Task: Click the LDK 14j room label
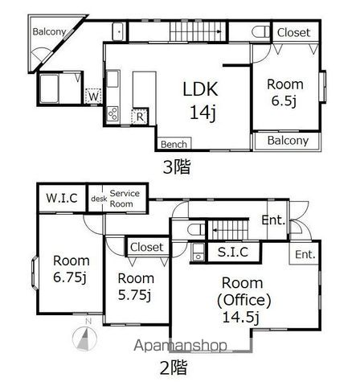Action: point(201,101)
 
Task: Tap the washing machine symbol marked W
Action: point(93,96)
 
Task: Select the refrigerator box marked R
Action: point(140,117)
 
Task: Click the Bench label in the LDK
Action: point(174,144)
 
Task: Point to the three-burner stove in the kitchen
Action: point(112,114)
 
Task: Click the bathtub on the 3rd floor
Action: point(49,88)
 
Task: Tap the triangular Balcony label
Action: point(49,31)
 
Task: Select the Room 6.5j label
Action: point(285,92)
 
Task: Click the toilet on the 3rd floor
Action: point(260,32)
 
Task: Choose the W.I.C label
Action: point(62,198)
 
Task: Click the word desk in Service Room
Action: point(99,199)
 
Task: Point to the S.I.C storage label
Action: point(233,252)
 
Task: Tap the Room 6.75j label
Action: point(71,269)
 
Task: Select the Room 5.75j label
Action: point(136,287)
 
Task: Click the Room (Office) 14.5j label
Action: point(243,300)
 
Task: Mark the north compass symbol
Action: point(84,337)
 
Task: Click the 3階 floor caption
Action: point(177,166)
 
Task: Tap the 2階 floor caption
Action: point(174,368)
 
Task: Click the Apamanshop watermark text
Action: point(180,345)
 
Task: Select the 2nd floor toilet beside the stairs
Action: point(196,230)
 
